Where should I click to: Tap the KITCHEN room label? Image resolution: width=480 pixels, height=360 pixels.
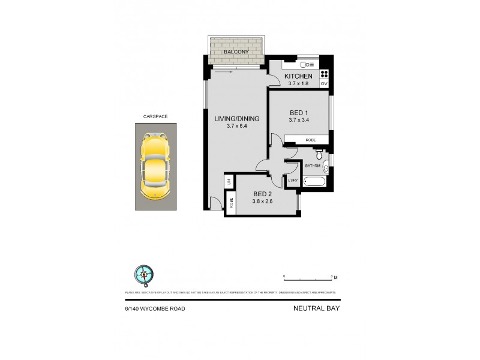(x=298, y=76)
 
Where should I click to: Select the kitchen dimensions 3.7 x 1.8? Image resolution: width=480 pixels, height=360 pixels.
(x=298, y=83)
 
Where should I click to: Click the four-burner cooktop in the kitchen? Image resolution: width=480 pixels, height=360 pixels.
(x=324, y=74)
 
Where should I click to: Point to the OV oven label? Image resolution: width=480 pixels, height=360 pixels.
(x=324, y=84)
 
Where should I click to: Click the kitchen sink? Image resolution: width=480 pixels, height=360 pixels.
(x=308, y=64)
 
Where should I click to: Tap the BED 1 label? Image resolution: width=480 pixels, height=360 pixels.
(x=298, y=113)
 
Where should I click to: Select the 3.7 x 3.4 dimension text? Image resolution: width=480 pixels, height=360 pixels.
(x=298, y=121)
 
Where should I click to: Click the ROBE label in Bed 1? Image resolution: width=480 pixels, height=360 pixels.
(x=310, y=139)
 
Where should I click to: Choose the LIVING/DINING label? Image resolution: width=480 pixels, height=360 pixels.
(x=237, y=119)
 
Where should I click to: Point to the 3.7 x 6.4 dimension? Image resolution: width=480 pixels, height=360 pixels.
(x=237, y=127)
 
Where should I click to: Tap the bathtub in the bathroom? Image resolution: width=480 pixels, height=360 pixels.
(x=314, y=181)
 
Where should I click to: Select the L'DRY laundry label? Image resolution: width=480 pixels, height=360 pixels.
(x=293, y=180)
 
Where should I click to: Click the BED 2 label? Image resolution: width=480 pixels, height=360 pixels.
(x=263, y=194)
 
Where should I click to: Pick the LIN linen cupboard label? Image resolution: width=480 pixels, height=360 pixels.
(x=229, y=181)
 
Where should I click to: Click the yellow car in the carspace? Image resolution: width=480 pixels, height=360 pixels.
(x=154, y=166)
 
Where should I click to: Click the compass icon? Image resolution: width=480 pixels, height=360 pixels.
(x=144, y=274)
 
